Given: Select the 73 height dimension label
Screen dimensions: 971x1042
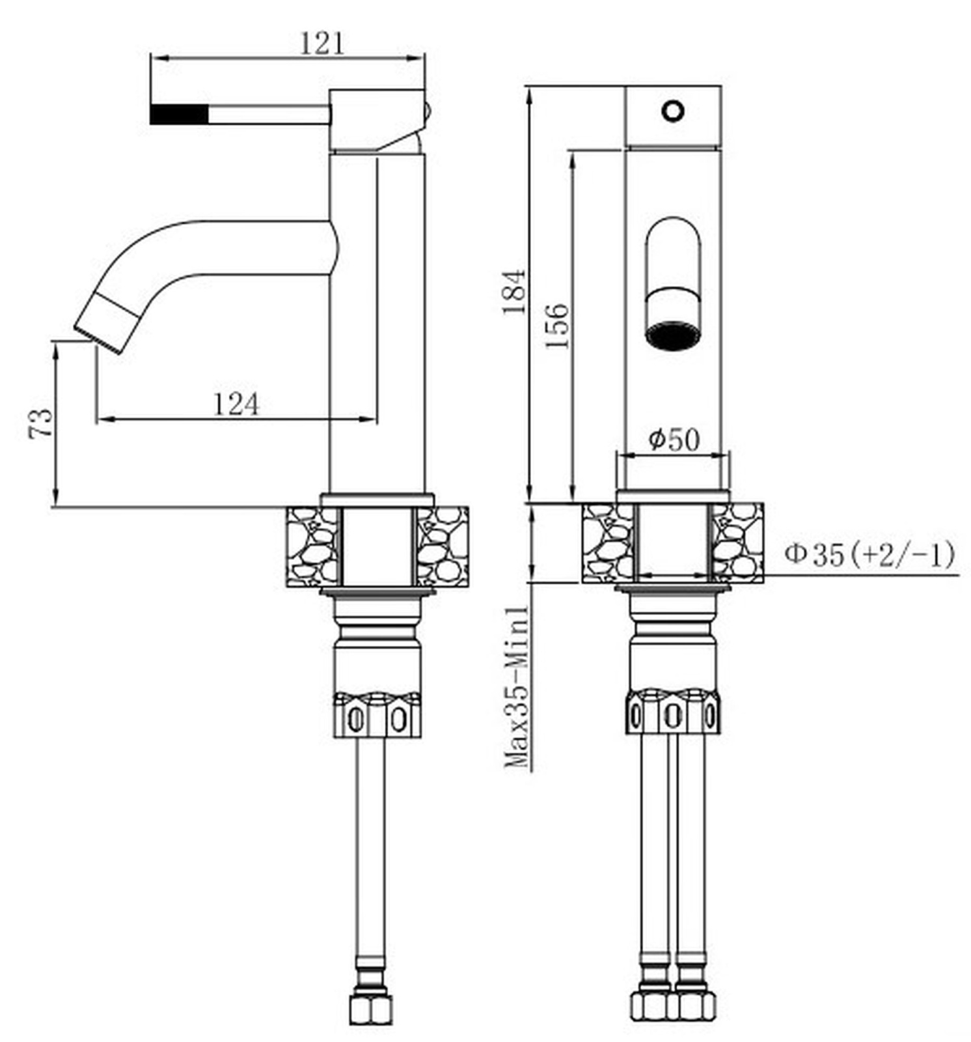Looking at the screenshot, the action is coord(40,424).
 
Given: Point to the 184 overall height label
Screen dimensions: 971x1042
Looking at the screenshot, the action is coord(514,291).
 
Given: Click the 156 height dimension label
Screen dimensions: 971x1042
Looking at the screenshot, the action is coord(556,326).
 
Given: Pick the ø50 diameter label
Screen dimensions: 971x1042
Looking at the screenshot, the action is coord(674,440).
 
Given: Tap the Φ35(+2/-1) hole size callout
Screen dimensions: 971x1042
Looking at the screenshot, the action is coord(870,554).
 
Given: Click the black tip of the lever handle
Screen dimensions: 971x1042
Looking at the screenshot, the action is coord(180,113).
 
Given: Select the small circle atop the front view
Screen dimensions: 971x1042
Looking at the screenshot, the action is coord(673,111).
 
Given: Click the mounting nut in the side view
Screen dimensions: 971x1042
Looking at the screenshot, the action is coord(377,714).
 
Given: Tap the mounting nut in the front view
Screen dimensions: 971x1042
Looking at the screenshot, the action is coord(674,712).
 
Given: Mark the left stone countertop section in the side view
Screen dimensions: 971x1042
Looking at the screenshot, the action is coord(312,546).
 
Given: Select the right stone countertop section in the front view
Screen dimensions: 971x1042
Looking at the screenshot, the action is coord(737,542).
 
